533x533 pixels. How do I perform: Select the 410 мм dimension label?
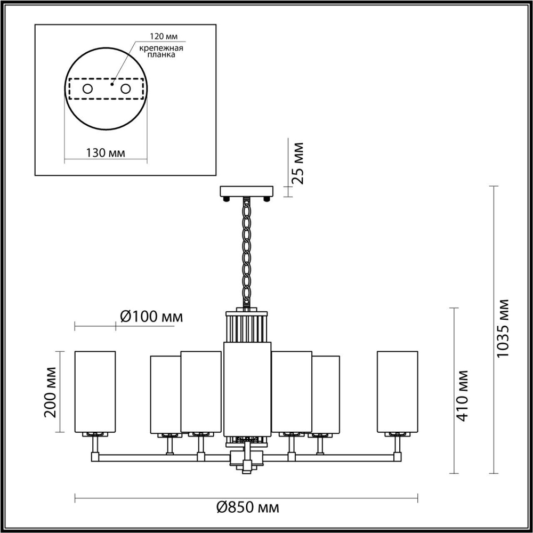point(462,395)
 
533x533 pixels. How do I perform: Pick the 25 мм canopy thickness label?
point(299,163)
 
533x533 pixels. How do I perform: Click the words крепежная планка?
point(161,51)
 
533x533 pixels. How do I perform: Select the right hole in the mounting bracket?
point(126,88)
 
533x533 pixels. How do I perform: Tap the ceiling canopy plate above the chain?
point(246,191)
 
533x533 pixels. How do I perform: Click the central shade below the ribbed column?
point(246,389)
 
